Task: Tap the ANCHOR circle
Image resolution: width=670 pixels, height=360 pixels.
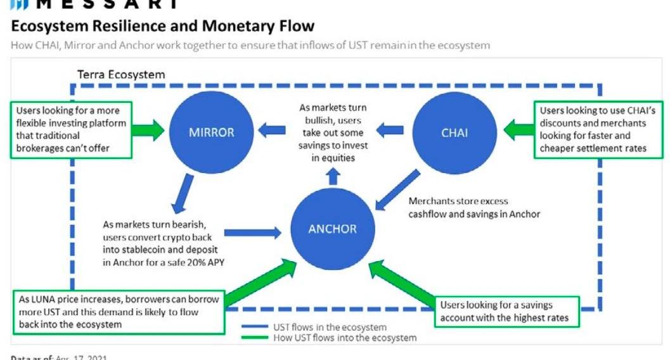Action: [332, 228]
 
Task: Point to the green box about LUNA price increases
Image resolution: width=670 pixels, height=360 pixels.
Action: [119, 312]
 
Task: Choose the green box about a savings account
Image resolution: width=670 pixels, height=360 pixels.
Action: [506, 311]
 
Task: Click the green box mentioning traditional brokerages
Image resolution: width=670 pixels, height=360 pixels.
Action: [70, 129]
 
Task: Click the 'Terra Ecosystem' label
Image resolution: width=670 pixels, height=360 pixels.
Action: [121, 75]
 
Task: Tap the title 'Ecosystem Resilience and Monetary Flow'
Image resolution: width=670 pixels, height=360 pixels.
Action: [162, 26]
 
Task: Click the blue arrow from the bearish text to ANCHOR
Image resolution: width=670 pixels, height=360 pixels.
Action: [252, 233]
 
